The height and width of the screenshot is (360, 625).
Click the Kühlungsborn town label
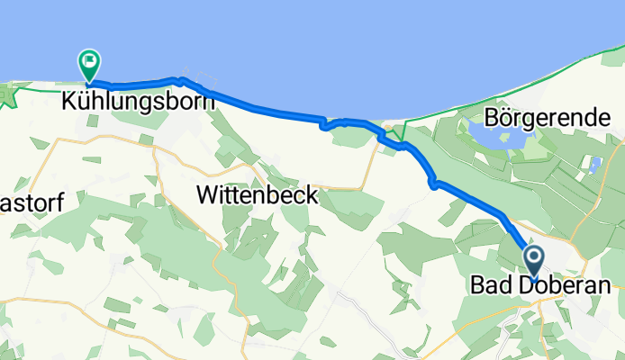point(138,101)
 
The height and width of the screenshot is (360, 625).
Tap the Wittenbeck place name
point(257,193)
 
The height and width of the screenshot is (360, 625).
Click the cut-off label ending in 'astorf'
point(32,203)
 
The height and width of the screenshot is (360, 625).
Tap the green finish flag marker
point(89,63)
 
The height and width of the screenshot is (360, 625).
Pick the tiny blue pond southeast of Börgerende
point(593,165)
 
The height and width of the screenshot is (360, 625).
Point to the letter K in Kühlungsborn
point(68,101)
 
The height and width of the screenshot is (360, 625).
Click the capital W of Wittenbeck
point(206,193)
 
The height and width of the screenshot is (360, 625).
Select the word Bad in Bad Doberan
point(487,285)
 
